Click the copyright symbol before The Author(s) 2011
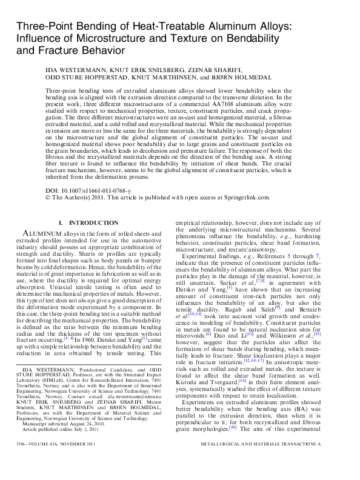tap(48, 198)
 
